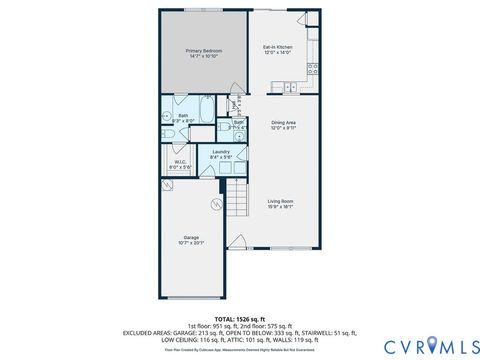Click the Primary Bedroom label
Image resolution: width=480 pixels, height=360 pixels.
203,50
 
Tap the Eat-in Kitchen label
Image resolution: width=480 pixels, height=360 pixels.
277,46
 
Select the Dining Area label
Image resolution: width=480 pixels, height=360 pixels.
284,123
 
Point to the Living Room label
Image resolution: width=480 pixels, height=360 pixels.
280,201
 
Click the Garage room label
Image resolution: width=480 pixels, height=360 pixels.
190,238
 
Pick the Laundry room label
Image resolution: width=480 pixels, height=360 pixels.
221,151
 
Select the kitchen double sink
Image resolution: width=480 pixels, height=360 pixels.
290,87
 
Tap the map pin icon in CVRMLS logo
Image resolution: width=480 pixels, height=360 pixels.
434,345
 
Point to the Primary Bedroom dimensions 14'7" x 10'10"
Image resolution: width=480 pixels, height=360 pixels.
203,56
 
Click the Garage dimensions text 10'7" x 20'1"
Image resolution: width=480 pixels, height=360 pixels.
190,244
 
